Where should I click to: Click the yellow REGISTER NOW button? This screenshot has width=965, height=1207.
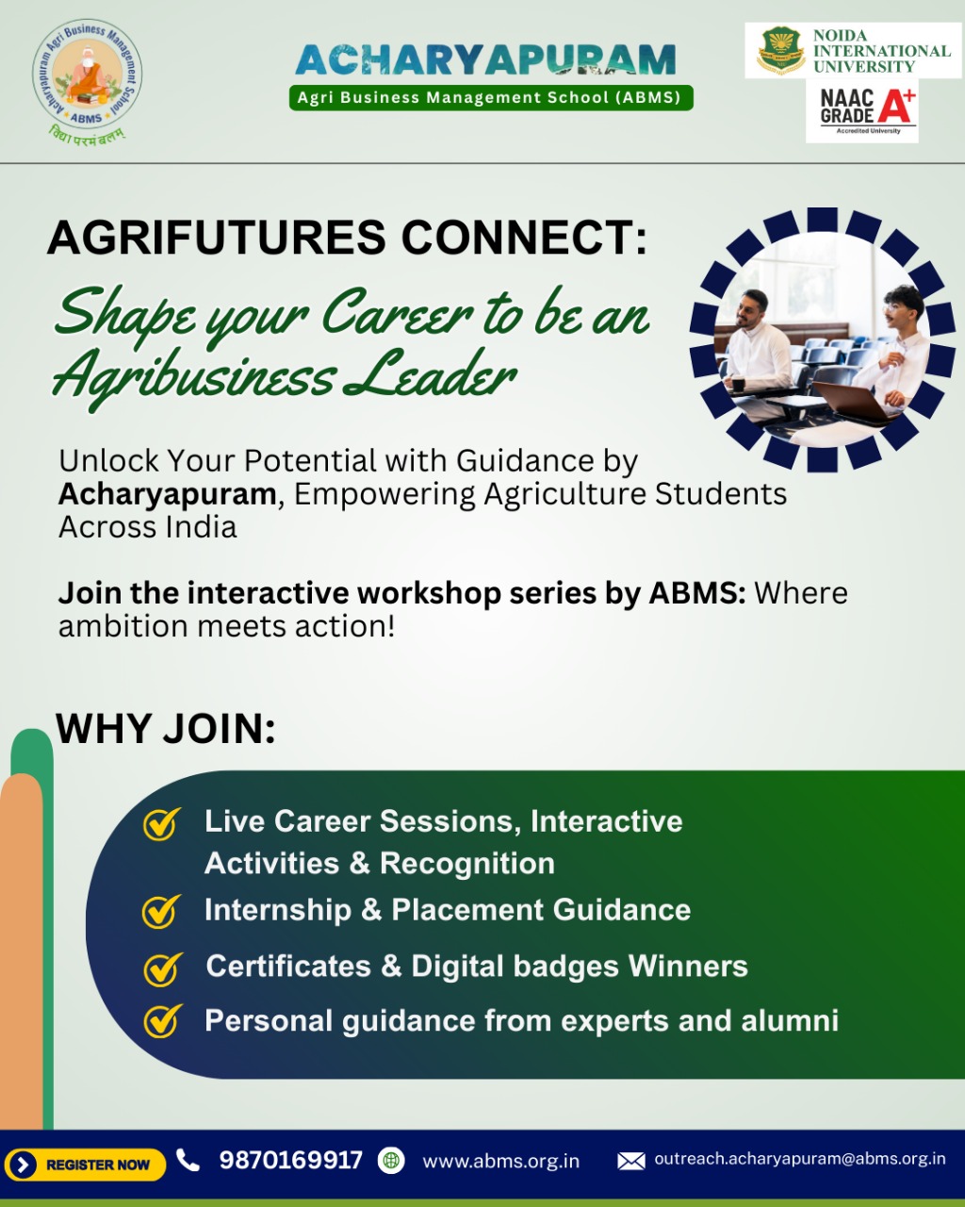tap(85, 1165)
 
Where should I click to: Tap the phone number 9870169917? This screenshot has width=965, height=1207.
tap(290, 1160)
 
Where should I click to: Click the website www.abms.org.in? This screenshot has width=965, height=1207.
tap(500, 1161)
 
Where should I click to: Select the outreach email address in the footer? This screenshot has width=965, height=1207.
tap(799, 1159)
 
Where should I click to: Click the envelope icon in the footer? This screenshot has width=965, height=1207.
tap(631, 1161)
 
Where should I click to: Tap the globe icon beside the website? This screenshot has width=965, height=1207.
tap(391, 1161)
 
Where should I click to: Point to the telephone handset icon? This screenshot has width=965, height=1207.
tap(188, 1160)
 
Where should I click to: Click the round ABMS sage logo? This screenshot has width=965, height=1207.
tap(87, 74)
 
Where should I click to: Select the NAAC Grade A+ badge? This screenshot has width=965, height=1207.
tap(862, 111)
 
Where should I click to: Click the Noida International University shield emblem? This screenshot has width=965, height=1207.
tap(781, 51)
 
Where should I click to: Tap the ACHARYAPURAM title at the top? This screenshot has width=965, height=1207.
tap(485, 59)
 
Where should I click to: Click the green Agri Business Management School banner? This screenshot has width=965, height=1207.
tap(491, 97)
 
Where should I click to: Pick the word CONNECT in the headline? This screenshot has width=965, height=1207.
tap(524, 238)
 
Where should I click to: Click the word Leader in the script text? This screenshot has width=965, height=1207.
tap(430, 374)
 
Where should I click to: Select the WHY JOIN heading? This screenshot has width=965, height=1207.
tap(166, 729)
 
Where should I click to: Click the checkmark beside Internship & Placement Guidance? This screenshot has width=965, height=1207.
tap(161, 911)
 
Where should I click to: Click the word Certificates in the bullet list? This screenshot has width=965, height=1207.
tap(288, 966)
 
